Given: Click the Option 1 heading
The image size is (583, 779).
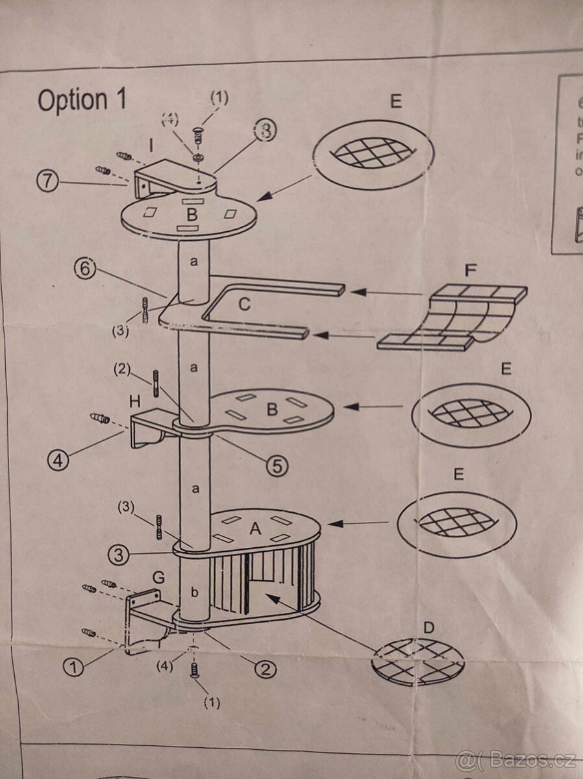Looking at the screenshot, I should (x=82, y=100).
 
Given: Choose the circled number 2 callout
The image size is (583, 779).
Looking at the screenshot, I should (x=264, y=668).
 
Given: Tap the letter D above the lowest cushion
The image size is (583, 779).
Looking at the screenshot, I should (x=428, y=628).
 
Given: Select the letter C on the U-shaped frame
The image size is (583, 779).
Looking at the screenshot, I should (x=244, y=304).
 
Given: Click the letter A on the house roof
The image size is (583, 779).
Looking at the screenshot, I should (x=255, y=530).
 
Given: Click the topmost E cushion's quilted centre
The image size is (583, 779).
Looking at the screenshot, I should (x=373, y=153).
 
